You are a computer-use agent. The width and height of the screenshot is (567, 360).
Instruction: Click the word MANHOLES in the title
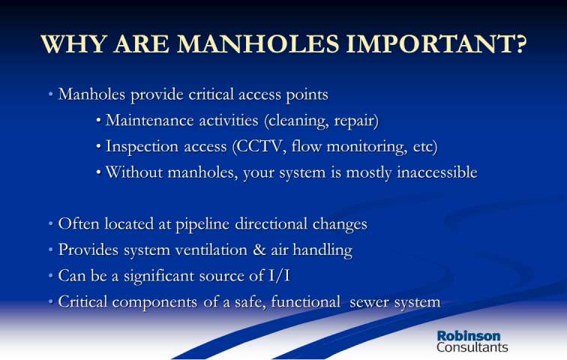pyautogui.click(x=258, y=44)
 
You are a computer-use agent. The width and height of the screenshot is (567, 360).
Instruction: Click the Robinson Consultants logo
pyautogui.click(x=472, y=341)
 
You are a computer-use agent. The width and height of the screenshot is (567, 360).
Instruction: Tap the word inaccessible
pyautogui.click(x=436, y=172)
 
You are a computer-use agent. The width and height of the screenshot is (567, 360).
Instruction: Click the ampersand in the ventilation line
pyautogui.click(x=259, y=250)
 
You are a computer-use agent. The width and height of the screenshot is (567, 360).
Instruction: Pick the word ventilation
pyautogui.click(x=211, y=250)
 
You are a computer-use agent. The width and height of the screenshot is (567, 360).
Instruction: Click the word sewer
pyautogui.click(x=369, y=302)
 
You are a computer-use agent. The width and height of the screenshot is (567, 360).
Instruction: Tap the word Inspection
pyautogui.click(x=142, y=147)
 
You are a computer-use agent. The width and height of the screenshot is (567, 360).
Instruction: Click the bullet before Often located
pyautogui.click(x=51, y=224)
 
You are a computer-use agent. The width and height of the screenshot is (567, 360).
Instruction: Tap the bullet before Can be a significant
pyautogui.click(x=51, y=276)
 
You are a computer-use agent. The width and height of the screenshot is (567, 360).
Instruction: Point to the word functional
pyautogui.click(x=305, y=301)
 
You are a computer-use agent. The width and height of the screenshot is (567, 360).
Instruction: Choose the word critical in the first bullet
pyautogui.click(x=211, y=94)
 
